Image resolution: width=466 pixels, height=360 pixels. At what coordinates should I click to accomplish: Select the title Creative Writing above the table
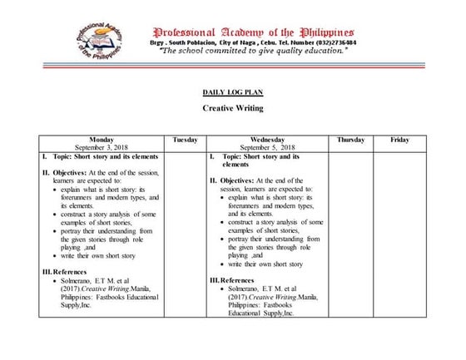233,108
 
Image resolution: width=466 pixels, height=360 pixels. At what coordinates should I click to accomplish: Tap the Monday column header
104,140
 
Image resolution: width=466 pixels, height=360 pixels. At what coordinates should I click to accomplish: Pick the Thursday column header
350,140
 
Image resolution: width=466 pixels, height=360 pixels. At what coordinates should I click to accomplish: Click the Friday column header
399,140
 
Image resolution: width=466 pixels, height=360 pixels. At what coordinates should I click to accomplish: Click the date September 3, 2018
104,147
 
